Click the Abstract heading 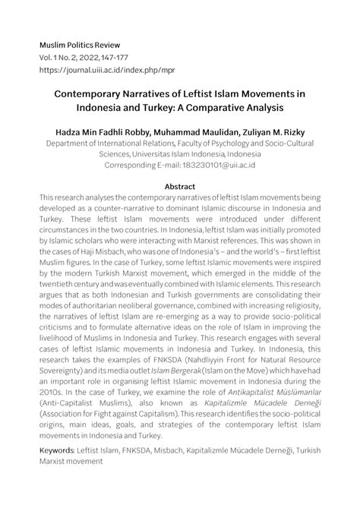pos(180,186)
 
